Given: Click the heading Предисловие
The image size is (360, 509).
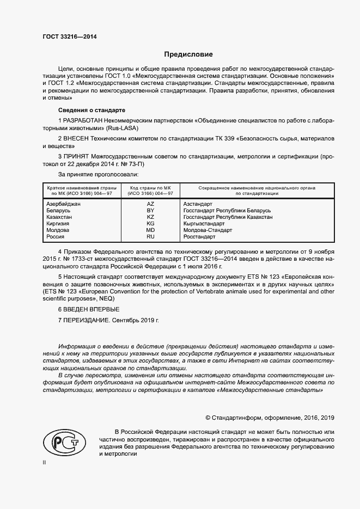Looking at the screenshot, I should (188, 54).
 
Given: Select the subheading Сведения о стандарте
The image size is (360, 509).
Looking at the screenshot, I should (83, 109).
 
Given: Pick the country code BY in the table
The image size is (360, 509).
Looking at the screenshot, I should (151, 210).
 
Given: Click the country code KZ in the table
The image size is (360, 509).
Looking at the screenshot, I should (151, 217).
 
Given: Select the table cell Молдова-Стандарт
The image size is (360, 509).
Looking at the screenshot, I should (208, 230).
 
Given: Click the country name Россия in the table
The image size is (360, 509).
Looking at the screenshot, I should (56, 236).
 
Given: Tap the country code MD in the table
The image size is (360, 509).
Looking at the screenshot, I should (151, 230).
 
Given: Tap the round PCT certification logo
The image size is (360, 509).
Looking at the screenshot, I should (64, 441).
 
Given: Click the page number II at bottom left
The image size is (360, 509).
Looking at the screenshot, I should (44, 462).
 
